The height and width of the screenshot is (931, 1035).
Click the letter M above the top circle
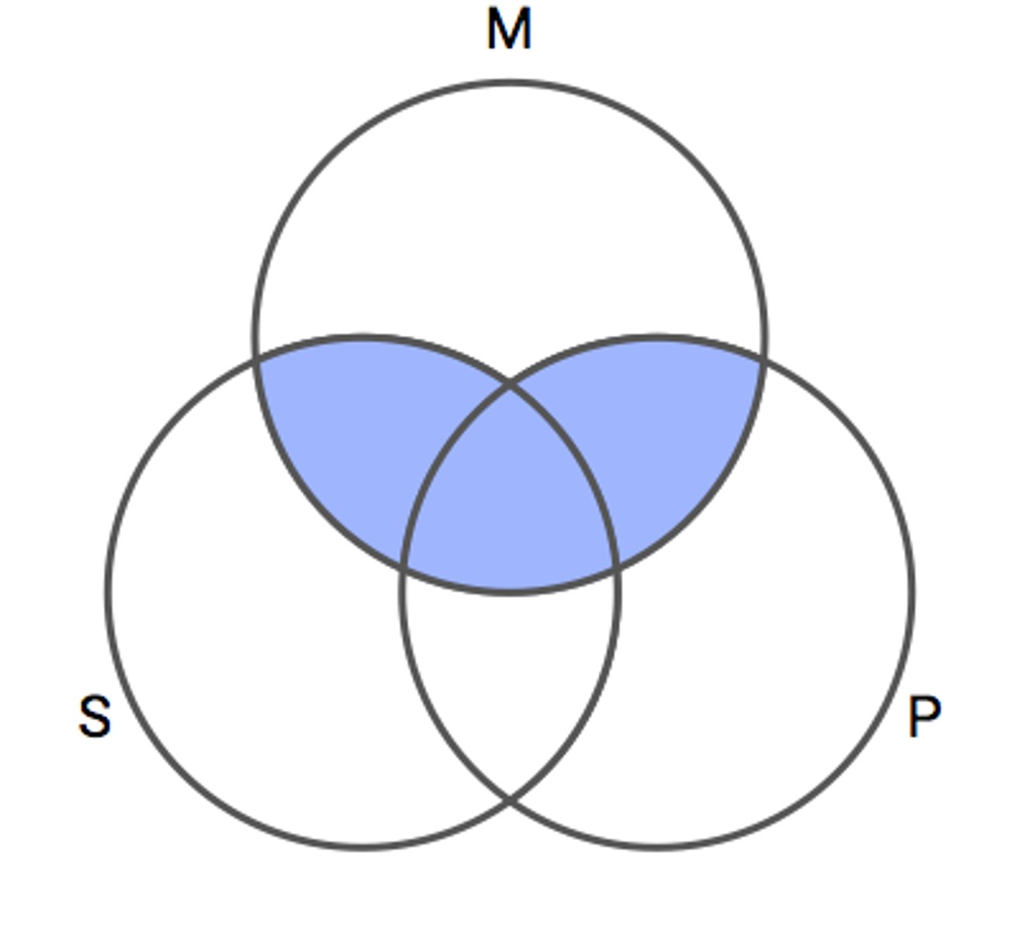509,29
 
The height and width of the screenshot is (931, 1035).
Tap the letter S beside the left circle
95,716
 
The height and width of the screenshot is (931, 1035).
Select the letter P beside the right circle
924,717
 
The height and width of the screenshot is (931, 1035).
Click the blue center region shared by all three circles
510,497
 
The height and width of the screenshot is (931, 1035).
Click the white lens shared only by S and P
510,675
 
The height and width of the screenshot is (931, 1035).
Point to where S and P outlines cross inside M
510,382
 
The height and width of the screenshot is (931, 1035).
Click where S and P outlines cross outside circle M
510,798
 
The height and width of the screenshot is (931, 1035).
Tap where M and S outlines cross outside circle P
257,360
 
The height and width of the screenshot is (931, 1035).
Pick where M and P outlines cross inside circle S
616,566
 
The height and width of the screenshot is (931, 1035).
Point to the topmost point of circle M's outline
510,82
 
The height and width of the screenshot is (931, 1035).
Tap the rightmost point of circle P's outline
912,592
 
